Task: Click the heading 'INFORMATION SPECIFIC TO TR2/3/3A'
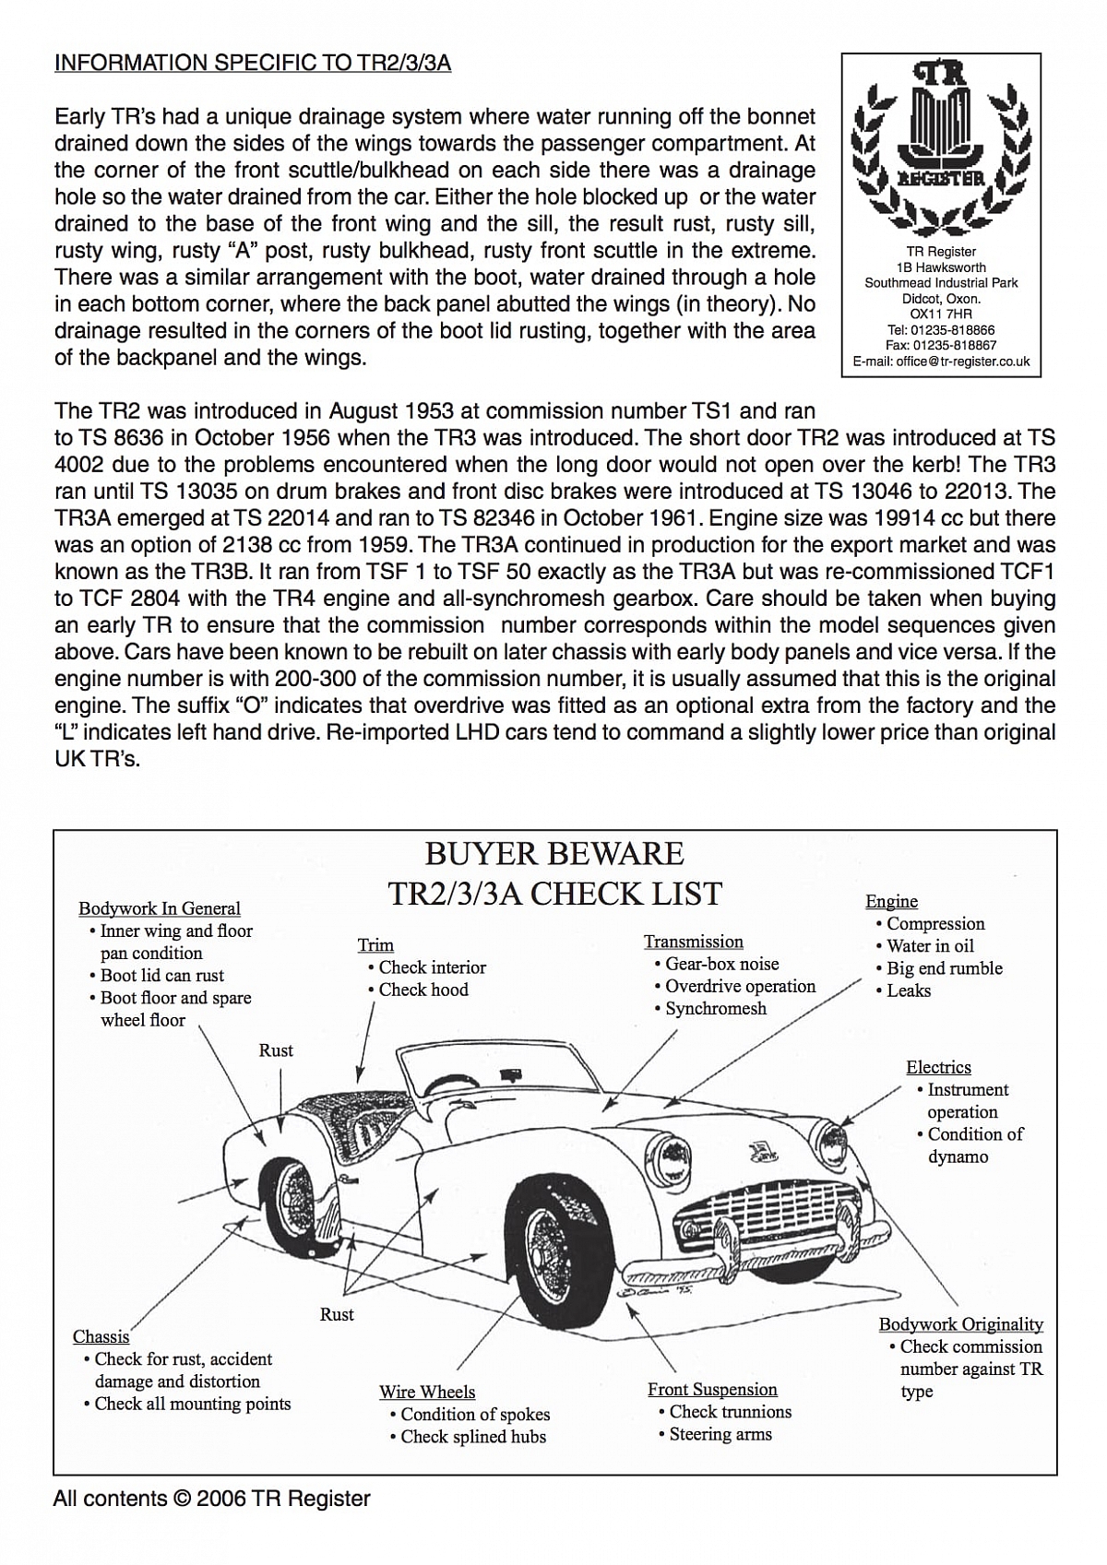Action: coord(252,64)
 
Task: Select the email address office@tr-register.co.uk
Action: coord(941,362)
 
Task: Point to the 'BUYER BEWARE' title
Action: coord(553,854)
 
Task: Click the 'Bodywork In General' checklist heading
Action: coord(159,908)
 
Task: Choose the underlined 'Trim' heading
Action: coord(375,945)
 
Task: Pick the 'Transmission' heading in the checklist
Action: coord(693,942)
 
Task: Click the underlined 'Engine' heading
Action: coord(891,901)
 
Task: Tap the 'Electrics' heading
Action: coord(938,1067)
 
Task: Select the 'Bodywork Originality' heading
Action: coord(960,1324)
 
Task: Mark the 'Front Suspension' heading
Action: coord(712,1390)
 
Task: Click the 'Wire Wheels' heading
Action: coord(427,1392)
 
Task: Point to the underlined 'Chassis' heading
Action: coord(101,1337)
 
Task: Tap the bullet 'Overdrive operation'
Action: coord(740,986)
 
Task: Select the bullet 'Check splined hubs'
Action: coord(472,1437)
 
